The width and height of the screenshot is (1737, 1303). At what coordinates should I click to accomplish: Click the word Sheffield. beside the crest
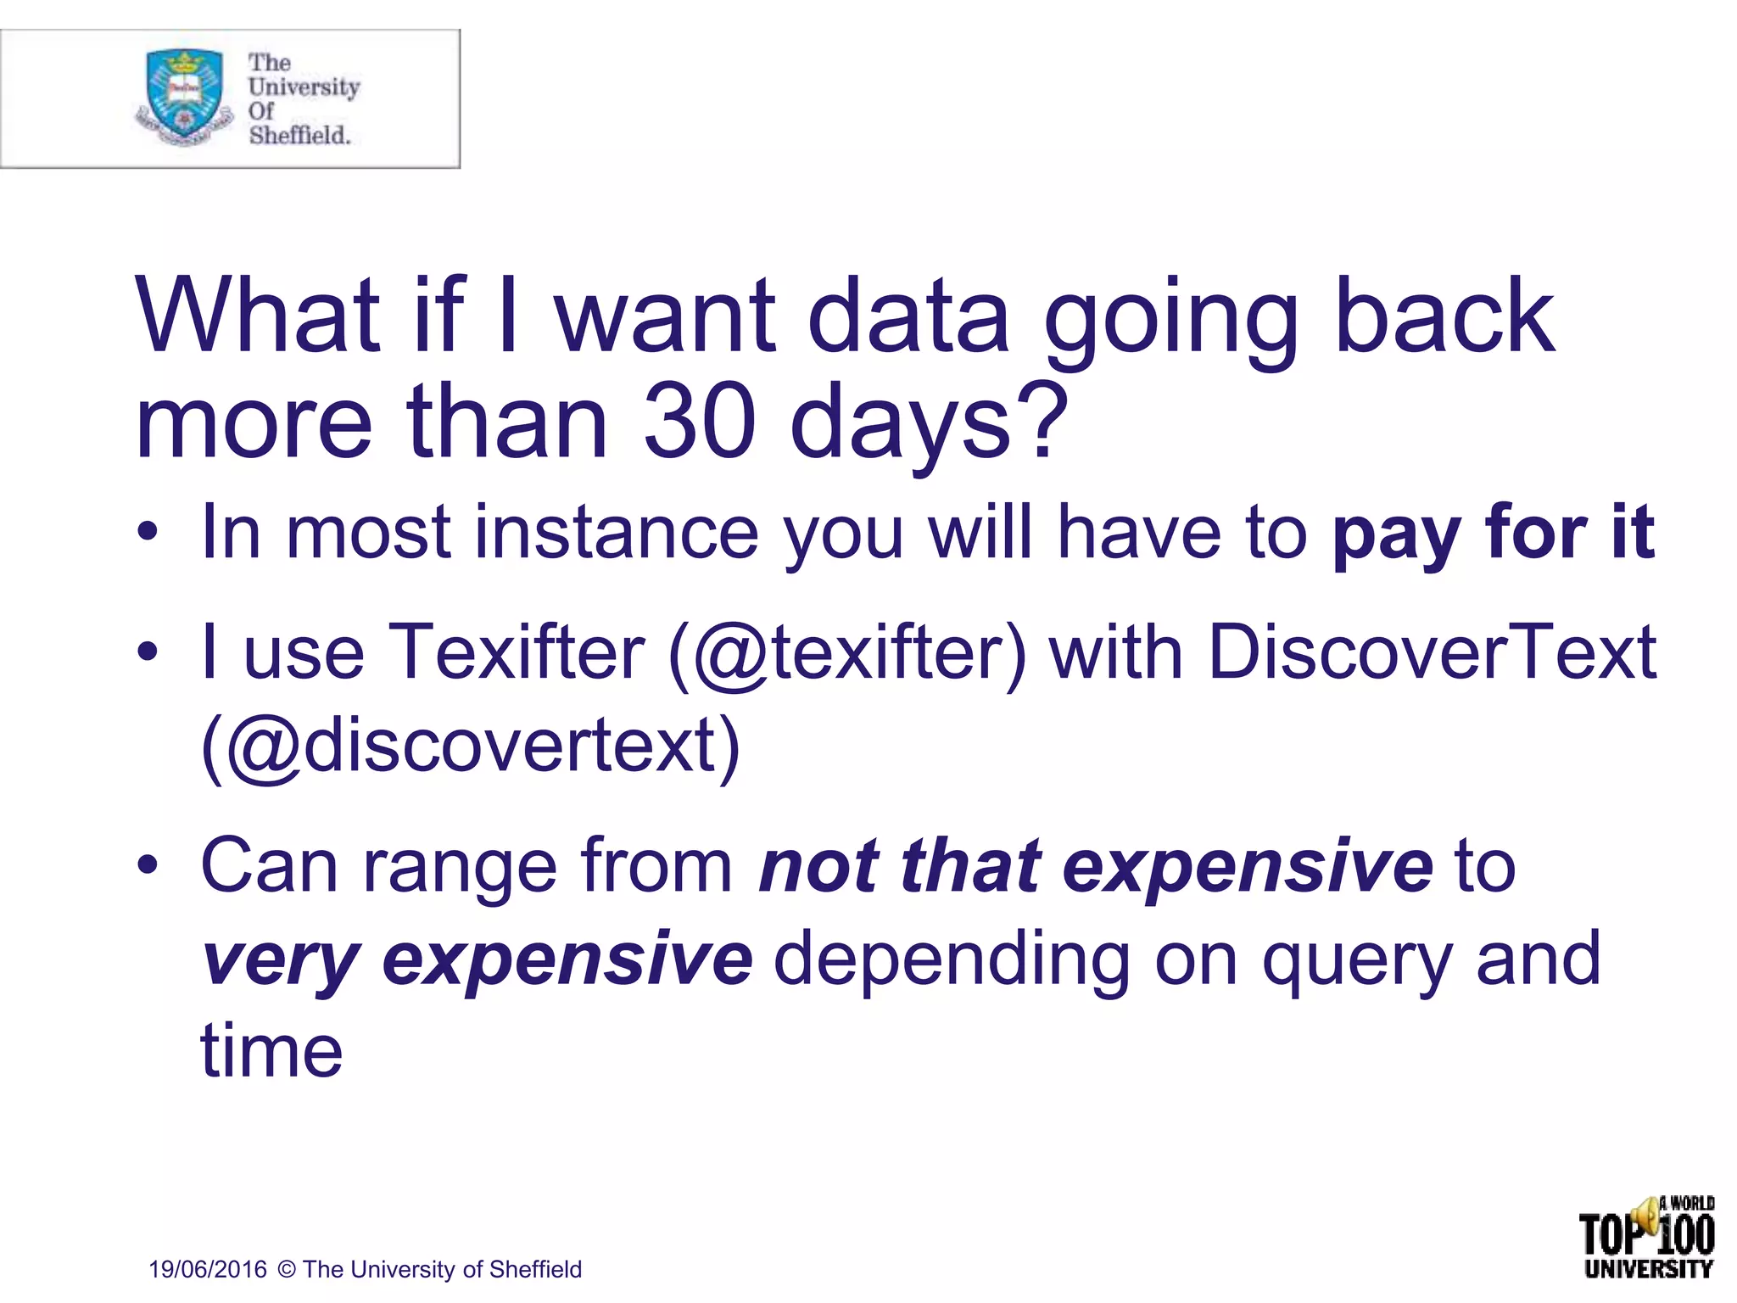299,136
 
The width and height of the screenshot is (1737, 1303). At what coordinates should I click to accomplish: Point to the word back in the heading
1444,317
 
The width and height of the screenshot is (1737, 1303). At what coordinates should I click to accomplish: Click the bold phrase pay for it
1493,533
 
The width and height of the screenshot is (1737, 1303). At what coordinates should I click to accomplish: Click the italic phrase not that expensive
1096,867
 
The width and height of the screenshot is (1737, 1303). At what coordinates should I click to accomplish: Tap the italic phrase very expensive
477,960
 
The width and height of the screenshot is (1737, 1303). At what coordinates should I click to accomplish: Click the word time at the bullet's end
271,1052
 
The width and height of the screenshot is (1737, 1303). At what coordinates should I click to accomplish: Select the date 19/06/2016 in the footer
208,1270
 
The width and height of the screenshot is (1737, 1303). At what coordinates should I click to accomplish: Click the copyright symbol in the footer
287,1270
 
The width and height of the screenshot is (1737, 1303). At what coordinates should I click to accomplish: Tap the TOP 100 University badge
1647,1237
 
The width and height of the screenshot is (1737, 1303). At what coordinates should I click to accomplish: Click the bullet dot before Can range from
148,867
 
